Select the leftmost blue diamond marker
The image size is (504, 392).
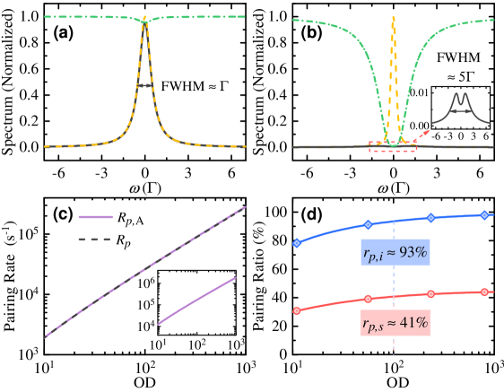[x=297, y=243]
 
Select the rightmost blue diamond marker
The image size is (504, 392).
[x=484, y=214]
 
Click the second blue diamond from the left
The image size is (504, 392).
[x=368, y=224]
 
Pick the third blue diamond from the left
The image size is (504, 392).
[x=430, y=218]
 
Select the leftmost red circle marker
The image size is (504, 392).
[x=297, y=310]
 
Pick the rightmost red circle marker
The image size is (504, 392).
[x=484, y=292]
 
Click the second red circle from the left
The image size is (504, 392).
[x=368, y=299]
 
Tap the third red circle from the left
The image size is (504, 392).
[x=430, y=294]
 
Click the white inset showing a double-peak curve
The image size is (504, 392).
[x=460, y=108]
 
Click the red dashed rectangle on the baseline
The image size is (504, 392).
[x=392, y=146]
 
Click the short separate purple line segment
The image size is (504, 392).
[x=197, y=301]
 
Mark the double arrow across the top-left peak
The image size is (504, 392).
[x=144, y=86]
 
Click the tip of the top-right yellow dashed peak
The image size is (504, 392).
[x=393, y=18]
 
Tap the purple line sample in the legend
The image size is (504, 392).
[x=95, y=216]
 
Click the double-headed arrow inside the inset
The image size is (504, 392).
[x=461, y=111]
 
